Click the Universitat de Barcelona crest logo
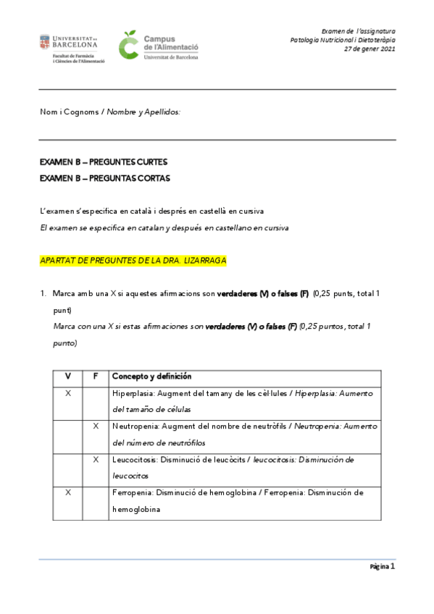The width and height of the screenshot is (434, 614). (x=45, y=42)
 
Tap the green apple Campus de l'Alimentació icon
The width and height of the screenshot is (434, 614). (x=128, y=45)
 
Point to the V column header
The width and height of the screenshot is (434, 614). (x=68, y=377)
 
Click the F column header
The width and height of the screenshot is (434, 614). (x=96, y=377)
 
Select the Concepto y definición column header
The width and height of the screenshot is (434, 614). (x=151, y=377)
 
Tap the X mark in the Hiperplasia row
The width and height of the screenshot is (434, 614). (x=68, y=393)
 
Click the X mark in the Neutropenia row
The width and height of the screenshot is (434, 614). (x=96, y=426)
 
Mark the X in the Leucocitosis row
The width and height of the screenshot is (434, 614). (x=96, y=460)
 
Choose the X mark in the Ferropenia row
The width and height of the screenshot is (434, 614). (x=68, y=492)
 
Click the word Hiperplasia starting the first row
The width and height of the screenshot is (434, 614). (x=133, y=393)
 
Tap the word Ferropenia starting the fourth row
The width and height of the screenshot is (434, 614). (x=132, y=492)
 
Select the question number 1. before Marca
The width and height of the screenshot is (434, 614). (x=44, y=293)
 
